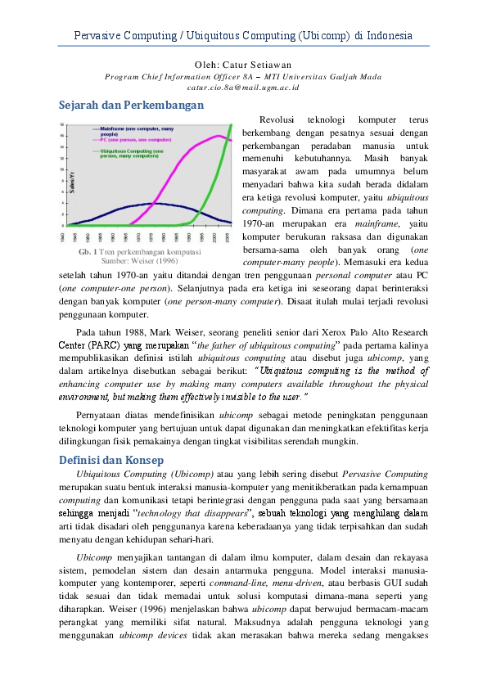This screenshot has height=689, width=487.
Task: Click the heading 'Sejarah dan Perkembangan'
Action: [131, 105]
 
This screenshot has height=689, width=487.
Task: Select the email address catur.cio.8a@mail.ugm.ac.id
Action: [243, 86]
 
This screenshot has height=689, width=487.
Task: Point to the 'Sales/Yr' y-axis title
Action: [72, 183]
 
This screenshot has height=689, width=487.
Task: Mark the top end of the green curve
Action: [232, 125]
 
